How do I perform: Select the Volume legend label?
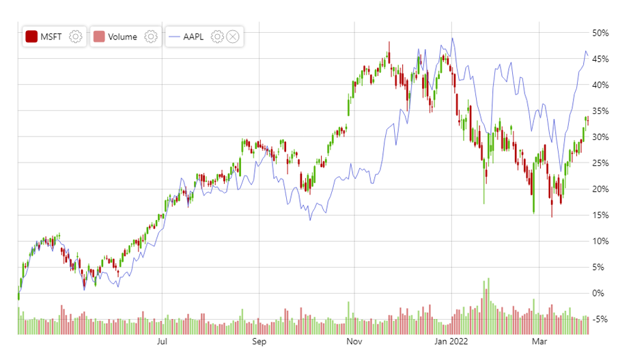(x=122, y=37)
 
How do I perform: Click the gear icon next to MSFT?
(x=76, y=37)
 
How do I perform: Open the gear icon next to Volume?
(x=151, y=37)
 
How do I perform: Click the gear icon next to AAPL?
(x=217, y=37)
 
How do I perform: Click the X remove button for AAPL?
(x=233, y=37)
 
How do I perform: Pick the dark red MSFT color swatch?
(x=31, y=37)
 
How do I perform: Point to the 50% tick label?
(x=600, y=33)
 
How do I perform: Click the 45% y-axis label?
(x=600, y=59)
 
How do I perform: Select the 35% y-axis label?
(x=600, y=111)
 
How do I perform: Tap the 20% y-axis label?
(x=600, y=189)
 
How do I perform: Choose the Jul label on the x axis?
(x=163, y=341)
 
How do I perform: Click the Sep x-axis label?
(x=259, y=341)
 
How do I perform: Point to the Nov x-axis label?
(x=352, y=341)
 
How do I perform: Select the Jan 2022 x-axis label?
(x=450, y=341)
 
